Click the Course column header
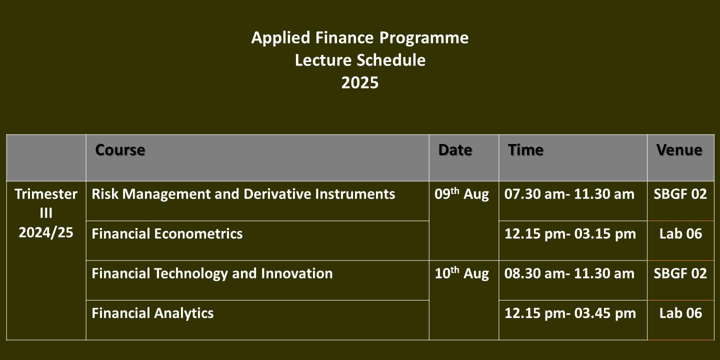[120, 150]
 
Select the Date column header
[455, 150]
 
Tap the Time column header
[525, 150]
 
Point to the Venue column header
[679, 150]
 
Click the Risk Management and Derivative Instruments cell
[243, 194]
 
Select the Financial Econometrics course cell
[167, 233]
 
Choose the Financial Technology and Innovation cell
[212, 273]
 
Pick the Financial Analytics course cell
[152, 313]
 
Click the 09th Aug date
[462, 194]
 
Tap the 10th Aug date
[462, 273]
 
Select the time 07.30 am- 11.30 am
[569, 194]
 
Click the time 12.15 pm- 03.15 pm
[570, 233]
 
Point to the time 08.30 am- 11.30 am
[569, 273]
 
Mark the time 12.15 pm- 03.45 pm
[570, 313]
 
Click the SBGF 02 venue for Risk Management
[680, 194]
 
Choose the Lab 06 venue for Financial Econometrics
[681, 233]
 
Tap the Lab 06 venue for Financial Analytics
[681, 313]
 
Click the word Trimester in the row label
[46, 194]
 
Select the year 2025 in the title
[360, 82]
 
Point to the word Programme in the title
[424, 38]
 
